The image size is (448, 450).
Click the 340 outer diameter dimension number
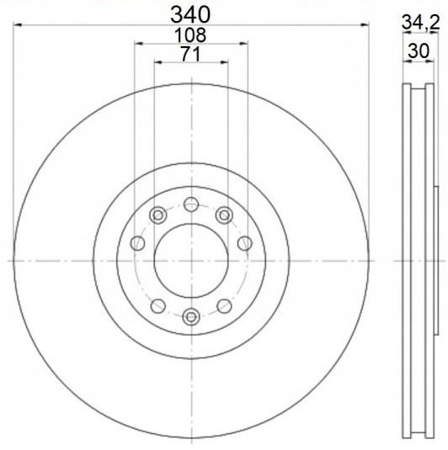coord(190,15)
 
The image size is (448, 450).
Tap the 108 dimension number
coord(190,35)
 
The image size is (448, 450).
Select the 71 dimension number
coord(190,54)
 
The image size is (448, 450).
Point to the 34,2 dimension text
coord(421,22)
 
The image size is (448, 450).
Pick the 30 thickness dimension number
coord(419,50)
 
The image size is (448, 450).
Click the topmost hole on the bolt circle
coord(191,204)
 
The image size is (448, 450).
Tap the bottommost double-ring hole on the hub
coord(191,317)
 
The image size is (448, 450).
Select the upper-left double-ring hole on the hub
coord(158,215)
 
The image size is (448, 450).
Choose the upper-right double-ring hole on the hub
coord(224,215)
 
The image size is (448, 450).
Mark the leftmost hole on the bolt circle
coord(137,243)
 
